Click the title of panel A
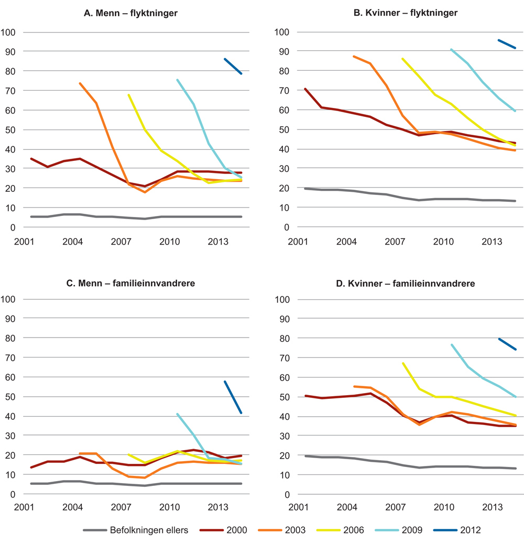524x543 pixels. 131,13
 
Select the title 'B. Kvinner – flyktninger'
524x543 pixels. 405,13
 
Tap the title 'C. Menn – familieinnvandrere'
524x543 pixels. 131,284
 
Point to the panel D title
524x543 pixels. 405,284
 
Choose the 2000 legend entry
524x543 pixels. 227,530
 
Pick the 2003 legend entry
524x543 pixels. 285,530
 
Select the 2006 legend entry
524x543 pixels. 343,530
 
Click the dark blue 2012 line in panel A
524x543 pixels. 233,67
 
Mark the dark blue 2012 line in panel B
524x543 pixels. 507,44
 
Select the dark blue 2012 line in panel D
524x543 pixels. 507,344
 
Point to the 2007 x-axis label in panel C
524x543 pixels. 121,508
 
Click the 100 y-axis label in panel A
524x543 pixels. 10,32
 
